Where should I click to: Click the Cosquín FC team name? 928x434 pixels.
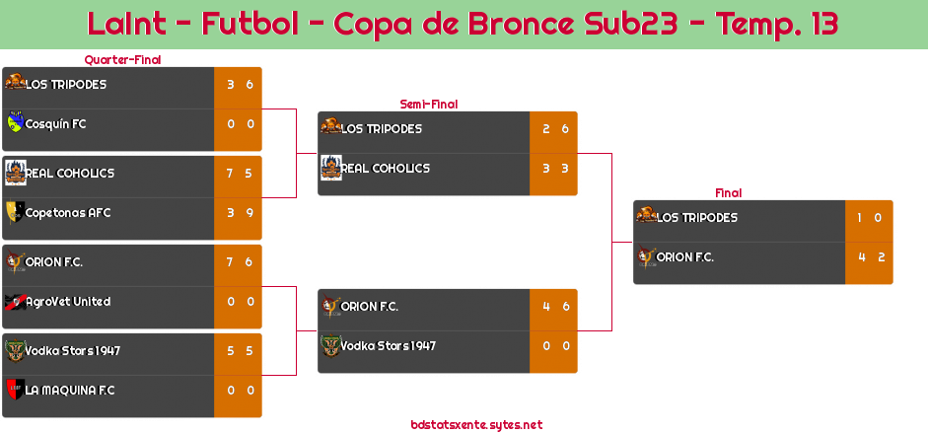pos(55,124)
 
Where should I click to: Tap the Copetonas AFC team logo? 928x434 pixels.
pos(14,212)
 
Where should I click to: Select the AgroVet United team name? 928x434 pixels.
pos(67,302)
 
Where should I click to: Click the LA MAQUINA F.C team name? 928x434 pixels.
pos(69,391)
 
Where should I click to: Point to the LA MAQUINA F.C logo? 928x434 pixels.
pos(14,390)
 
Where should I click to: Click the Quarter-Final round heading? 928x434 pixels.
pos(121,60)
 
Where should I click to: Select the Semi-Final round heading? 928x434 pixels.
pos(427,104)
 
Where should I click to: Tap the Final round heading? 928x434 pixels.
pos(727,193)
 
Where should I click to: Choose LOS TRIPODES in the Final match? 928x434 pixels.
pos(696,218)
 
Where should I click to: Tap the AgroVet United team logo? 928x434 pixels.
pos(14,301)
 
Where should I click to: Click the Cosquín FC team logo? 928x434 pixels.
pos(14,123)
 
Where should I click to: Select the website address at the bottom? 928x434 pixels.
pos(476,425)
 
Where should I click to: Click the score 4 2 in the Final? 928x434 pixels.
pos(868,257)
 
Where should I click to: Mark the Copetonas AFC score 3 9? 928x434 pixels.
pos(239,213)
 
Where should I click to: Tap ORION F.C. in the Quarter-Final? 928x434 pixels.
pos(54,262)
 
